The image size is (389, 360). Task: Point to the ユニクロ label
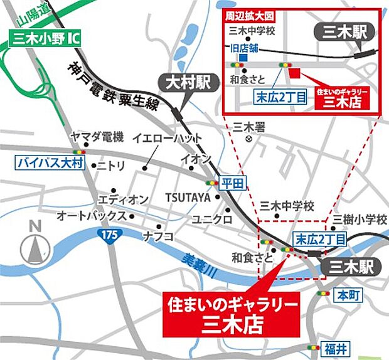pyautogui.click(x=213, y=220)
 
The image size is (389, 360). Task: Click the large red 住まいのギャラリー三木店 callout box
pyautogui.click(x=229, y=313)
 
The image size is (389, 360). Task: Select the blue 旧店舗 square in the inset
pyautogui.click(x=243, y=58)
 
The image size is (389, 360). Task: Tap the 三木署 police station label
pyautogui.click(x=249, y=126)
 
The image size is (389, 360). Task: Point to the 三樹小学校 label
pyautogui.click(x=360, y=220)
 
